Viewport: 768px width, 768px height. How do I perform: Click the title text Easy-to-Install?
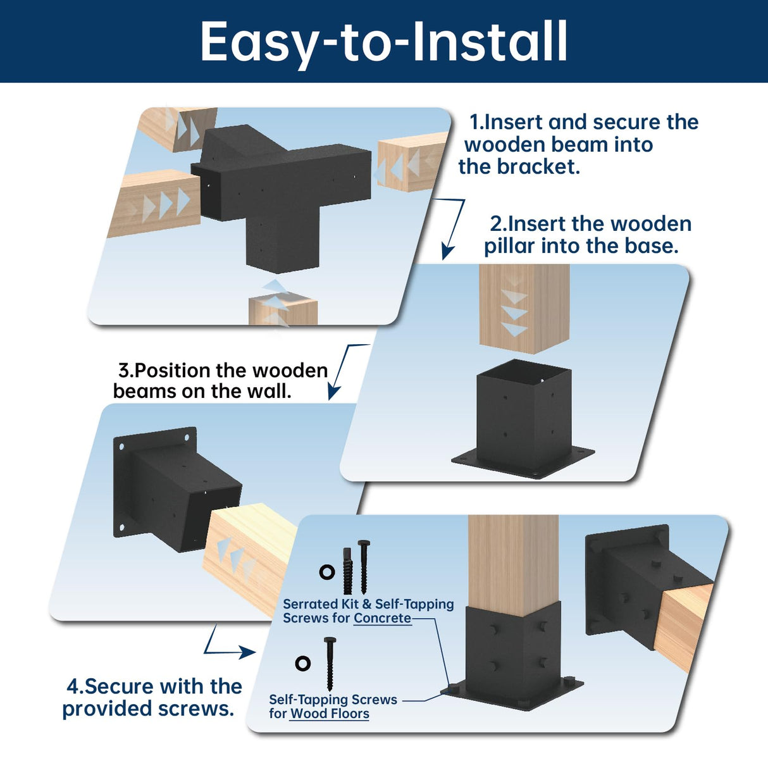click(383, 42)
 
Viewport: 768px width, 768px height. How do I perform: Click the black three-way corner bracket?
click(278, 190)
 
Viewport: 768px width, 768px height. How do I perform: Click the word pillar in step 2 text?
click(510, 246)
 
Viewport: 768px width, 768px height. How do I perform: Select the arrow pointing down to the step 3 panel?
click(342, 373)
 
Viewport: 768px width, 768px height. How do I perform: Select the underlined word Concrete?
click(382, 618)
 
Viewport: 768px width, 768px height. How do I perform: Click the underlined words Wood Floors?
click(330, 714)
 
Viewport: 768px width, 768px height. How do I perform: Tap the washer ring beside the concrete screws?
click(327, 572)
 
